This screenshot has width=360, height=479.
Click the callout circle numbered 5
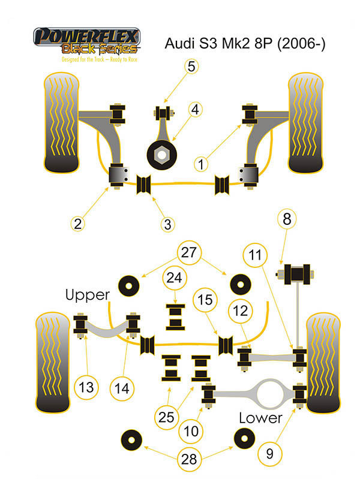191,67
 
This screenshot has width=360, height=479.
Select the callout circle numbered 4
196,110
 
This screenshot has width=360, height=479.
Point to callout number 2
77,224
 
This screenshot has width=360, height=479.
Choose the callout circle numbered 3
168,224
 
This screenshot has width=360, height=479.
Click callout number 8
287,219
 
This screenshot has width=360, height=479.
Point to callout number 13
86,387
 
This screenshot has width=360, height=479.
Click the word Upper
88,294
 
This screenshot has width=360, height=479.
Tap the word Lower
260,418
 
